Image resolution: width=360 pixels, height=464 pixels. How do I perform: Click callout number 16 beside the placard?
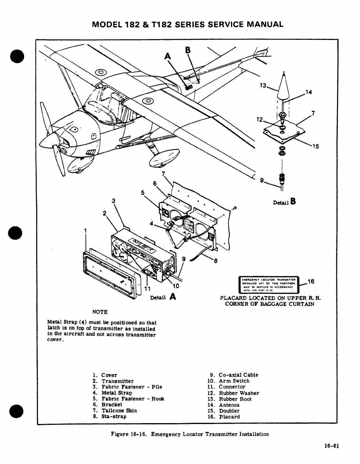311,281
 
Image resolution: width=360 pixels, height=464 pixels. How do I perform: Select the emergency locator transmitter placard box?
269,284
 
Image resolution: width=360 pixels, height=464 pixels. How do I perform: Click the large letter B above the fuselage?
187,50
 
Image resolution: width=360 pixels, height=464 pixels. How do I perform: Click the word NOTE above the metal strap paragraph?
100,312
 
